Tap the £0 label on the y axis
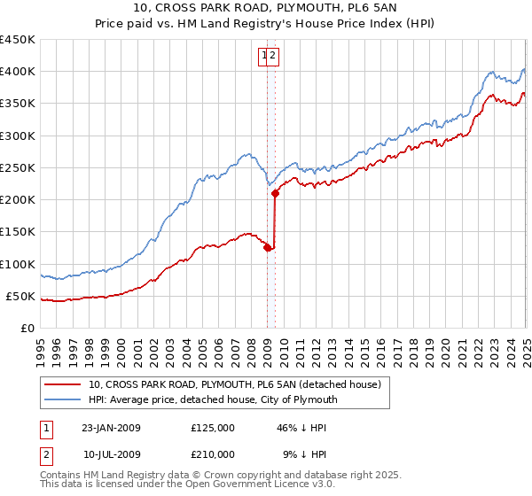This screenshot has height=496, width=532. (28, 329)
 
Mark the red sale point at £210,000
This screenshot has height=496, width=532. (275, 193)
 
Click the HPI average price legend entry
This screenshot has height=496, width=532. (213, 399)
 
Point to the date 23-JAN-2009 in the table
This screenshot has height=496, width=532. (111, 428)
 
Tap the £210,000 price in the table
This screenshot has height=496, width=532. (213, 453)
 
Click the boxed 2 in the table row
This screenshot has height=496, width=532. (46, 453)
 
